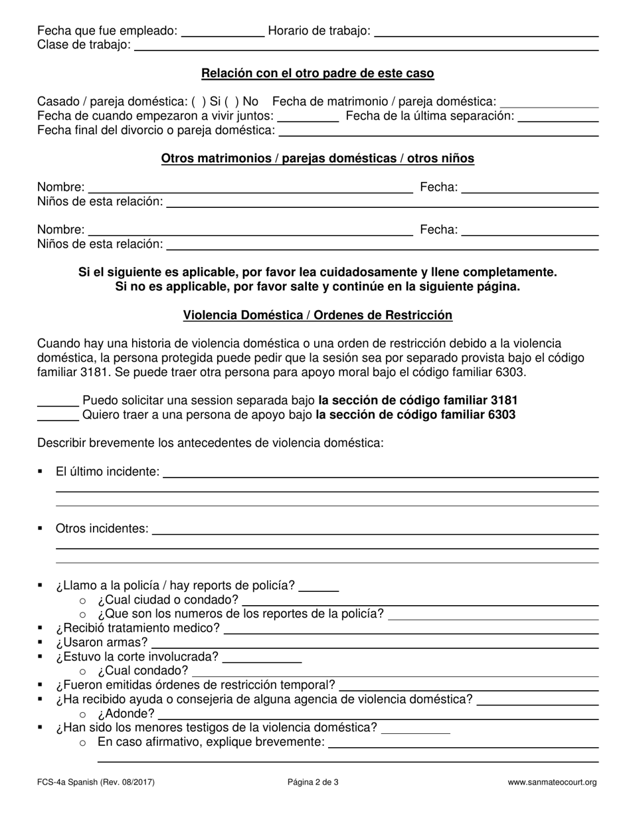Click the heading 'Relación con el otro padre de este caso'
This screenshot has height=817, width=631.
coord(317,74)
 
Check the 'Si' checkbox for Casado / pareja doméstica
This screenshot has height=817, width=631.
coord(198,102)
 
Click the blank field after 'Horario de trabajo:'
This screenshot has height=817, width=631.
coord(486,32)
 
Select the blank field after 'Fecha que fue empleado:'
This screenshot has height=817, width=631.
coord(223,32)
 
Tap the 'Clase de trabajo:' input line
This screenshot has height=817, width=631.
coord(366,46)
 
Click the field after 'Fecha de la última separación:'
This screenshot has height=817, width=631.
coord(558,117)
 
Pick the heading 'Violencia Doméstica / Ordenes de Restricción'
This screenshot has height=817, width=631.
coord(317,316)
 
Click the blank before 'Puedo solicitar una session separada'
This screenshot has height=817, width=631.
coord(58,401)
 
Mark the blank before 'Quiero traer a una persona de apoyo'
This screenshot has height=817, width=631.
coord(58,416)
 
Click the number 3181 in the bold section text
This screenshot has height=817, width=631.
coord(503,401)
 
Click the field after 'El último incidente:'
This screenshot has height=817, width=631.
coord(381,472)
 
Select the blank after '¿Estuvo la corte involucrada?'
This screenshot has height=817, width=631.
coord(262,658)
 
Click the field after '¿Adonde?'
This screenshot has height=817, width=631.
coord(379,715)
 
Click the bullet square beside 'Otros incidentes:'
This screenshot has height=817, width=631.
coord(41,529)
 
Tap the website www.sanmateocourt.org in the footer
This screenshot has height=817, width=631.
coord(552,782)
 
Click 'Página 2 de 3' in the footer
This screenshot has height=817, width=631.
coord(313,782)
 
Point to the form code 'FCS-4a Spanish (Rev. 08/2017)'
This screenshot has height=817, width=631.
coord(96,782)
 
